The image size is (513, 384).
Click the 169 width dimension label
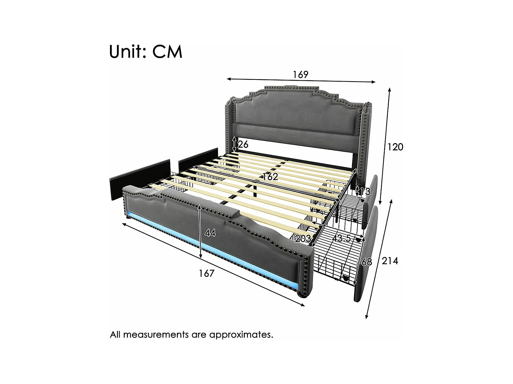coord(300,74)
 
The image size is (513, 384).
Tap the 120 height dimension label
coord(395,147)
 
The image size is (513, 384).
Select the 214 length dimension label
coord(390,261)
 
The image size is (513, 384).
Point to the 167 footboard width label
coord(207,274)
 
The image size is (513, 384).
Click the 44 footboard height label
coord(210,233)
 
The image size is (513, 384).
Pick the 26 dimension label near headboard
coord(243,145)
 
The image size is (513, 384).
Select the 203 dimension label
coord(303,238)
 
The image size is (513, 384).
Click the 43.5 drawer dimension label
coord(342,238)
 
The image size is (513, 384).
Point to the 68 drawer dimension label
coord(367,262)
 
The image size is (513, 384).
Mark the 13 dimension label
coord(365,192)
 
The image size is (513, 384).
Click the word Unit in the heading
coord(126,52)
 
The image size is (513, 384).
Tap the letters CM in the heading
coord(168,52)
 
